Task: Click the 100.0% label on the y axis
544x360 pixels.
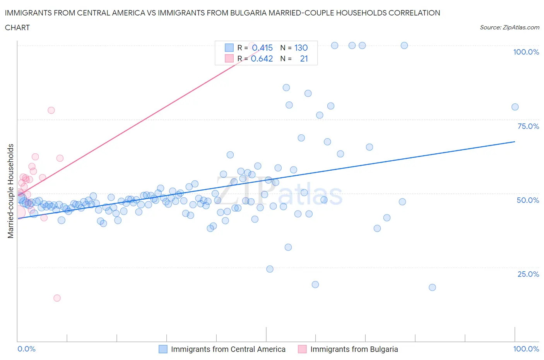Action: [526, 52]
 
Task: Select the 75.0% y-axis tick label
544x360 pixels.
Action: [528, 126]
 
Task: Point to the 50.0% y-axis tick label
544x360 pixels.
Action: [528, 200]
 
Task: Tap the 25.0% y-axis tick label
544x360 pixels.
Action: [528, 274]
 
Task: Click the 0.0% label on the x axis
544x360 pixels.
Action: [26, 349]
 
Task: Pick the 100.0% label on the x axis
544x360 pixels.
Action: [526, 349]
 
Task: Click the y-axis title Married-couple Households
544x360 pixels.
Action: [11, 191]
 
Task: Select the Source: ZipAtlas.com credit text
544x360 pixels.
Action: [509, 27]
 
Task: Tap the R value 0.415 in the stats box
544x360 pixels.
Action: [262, 48]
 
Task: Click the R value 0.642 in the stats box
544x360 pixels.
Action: [262, 58]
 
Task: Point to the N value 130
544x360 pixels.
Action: [301, 48]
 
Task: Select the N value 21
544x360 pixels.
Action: [304, 58]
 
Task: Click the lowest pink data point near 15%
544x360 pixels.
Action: [57, 298]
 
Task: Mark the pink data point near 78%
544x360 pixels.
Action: [51, 110]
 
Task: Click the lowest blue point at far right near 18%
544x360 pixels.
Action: [432, 287]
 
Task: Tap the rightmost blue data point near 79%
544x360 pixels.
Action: [515, 107]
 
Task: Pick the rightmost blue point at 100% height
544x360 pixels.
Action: [404, 45]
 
